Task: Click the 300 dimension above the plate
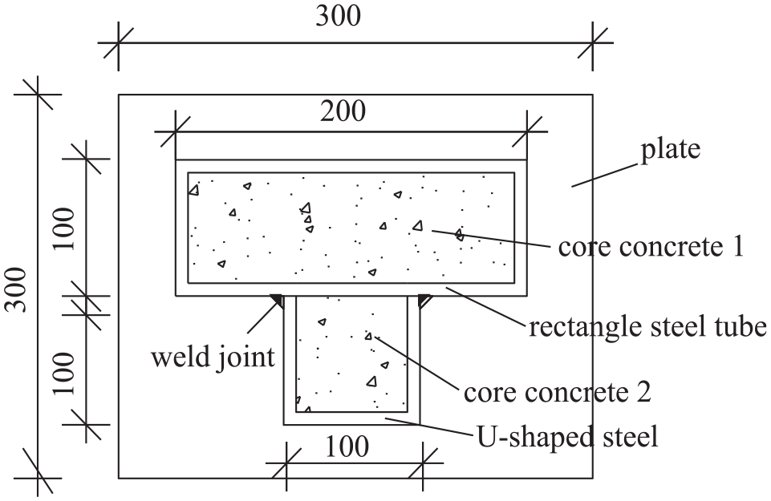[x=339, y=16]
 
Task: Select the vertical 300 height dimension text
[x=15, y=289]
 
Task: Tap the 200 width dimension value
[x=343, y=111]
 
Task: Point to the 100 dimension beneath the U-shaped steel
[x=347, y=447]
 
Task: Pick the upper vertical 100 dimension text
[x=63, y=229]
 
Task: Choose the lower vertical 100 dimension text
[x=63, y=374]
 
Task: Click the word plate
[x=670, y=150]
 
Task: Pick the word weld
[x=177, y=356]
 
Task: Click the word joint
[x=243, y=357]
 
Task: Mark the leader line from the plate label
[x=605, y=176]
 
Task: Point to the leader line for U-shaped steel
[x=430, y=426]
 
